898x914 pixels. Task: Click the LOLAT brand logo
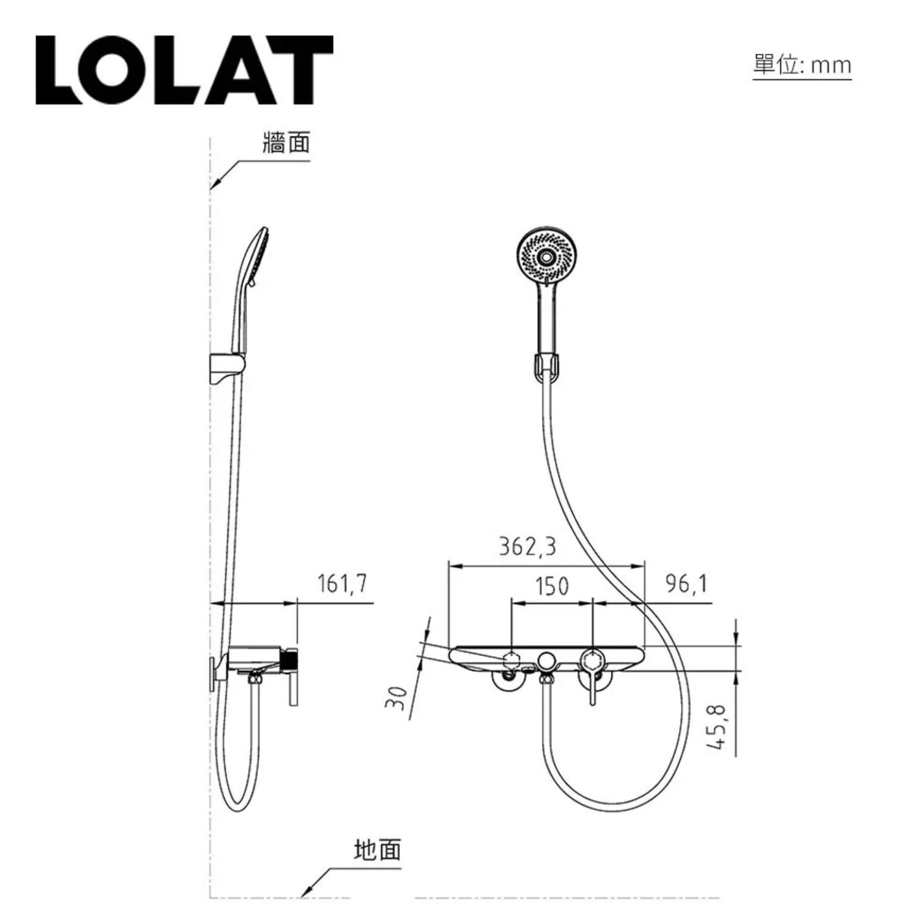pyautogui.click(x=185, y=69)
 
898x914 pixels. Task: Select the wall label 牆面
pyautogui.click(x=287, y=142)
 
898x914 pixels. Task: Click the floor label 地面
pyautogui.click(x=378, y=849)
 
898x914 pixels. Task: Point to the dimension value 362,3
pyautogui.click(x=528, y=546)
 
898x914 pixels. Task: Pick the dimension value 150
pyautogui.click(x=552, y=586)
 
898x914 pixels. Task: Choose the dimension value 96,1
pyautogui.click(x=687, y=583)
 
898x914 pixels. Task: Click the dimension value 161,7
pyautogui.click(x=342, y=583)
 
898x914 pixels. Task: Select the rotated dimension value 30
pyautogui.click(x=396, y=698)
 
